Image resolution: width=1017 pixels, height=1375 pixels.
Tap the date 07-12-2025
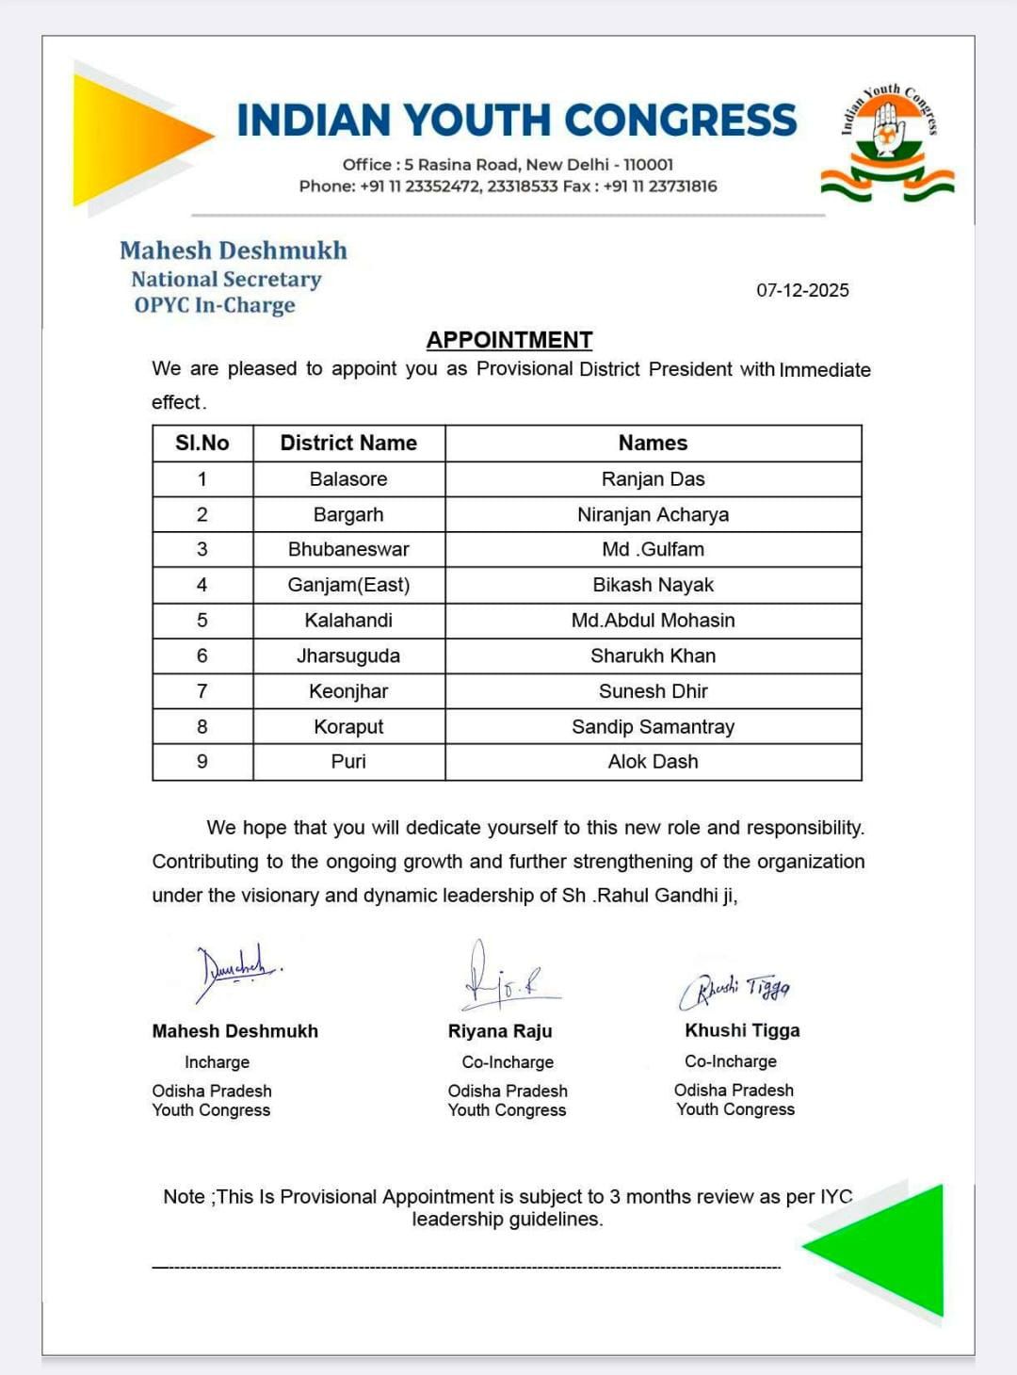pos(802,290)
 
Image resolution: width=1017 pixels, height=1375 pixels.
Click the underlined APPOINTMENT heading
pos(509,340)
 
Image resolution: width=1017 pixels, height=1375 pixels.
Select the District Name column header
pos(348,443)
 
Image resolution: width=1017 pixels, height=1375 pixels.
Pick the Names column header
pos(653,443)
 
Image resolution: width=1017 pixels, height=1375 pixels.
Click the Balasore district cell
pos(348,479)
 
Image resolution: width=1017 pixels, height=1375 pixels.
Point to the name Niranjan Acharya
pos(653,514)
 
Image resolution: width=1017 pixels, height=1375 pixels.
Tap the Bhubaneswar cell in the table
pos(348,549)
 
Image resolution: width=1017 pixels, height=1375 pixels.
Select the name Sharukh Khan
pos(653,655)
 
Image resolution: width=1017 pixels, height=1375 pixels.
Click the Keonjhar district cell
pos(348,691)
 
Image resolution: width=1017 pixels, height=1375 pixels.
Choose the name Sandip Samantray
pos(653,727)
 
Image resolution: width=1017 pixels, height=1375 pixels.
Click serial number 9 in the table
pos(202,761)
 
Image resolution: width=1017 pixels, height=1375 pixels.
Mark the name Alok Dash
pos(653,761)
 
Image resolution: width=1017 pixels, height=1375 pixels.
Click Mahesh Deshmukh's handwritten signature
pos(235,970)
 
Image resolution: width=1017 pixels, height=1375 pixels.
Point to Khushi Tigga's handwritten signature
pos(734,989)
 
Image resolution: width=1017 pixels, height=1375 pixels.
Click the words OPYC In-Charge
pos(215,305)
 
